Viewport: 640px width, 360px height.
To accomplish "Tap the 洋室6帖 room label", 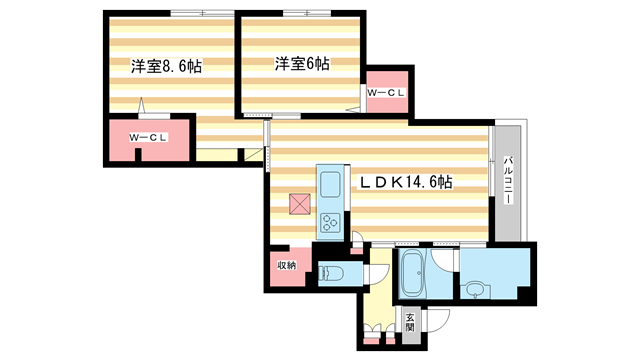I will (x=304, y=63).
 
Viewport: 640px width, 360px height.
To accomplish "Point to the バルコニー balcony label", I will (x=508, y=181).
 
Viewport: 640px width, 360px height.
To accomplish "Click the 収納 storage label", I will (x=287, y=264).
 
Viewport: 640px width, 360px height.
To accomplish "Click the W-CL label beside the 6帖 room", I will (x=386, y=93).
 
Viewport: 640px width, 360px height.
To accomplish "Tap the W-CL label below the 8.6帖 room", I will (x=147, y=137).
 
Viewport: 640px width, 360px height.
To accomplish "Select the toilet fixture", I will (x=332, y=273).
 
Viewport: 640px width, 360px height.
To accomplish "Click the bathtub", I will (x=412, y=274).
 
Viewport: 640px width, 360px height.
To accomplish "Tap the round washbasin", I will (x=473, y=291).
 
